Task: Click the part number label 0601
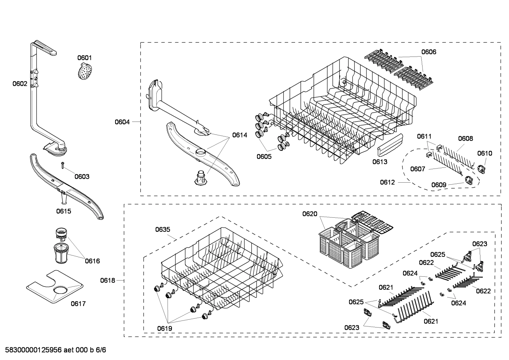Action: click(x=84, y=58)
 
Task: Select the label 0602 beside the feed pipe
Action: click(x=20, y=84)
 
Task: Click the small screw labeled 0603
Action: click(x=62, y=164)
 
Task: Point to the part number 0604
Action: click(x=122, y=122)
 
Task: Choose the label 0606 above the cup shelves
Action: click(x=429, y=52)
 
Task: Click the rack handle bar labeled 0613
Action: click(x=390, y=145)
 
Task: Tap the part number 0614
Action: click(x=239, y=135)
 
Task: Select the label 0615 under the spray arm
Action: click(x=64, y=211)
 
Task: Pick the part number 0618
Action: click(x=107, y=280)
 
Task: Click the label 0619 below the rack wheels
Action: click(x=164, y=329)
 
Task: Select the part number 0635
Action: click(x=163, y=229)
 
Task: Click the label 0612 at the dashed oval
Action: click(x=388, y=182)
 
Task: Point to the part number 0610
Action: click(x=485, y=153)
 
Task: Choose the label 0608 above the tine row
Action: click(x=466, y=138)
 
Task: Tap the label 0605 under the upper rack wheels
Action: click(x=264, y=156)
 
